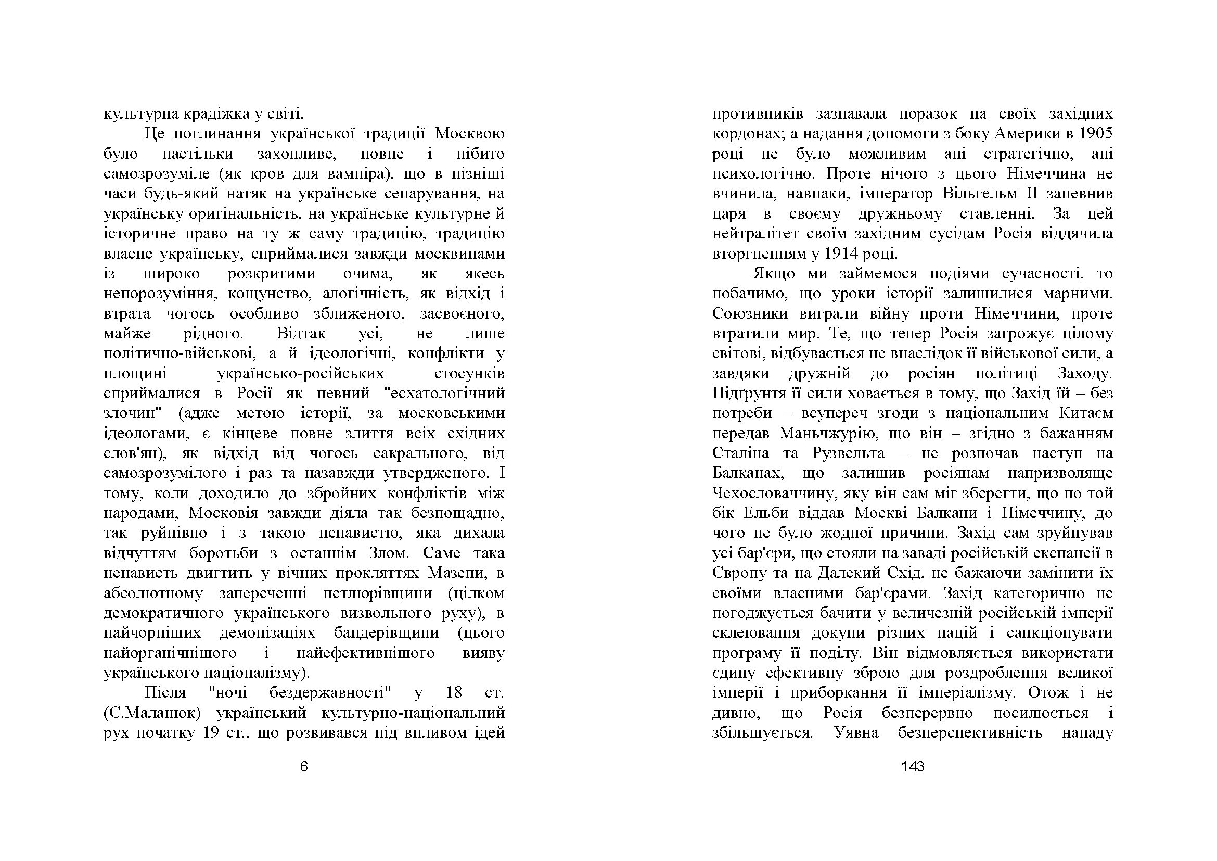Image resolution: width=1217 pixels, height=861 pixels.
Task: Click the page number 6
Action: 304,767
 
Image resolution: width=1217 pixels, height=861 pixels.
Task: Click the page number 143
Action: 912,767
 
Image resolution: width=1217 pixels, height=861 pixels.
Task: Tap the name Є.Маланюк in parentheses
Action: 152,713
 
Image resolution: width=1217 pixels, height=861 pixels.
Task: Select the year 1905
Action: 1096,134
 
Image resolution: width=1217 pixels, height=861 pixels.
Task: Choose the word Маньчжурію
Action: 825,434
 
